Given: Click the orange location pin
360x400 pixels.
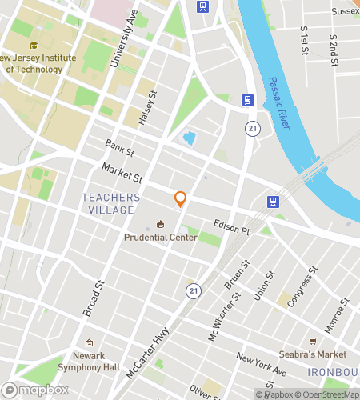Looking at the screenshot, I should coord(181,199).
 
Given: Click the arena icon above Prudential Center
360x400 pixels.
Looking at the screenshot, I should coord(161,224).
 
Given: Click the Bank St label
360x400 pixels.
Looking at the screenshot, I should coord(119,146).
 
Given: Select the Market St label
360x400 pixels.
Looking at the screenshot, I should coord(122,171).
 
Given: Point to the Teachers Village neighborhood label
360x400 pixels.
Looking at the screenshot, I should coord(111,203).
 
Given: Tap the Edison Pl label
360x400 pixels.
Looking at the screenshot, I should coord(232,227).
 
